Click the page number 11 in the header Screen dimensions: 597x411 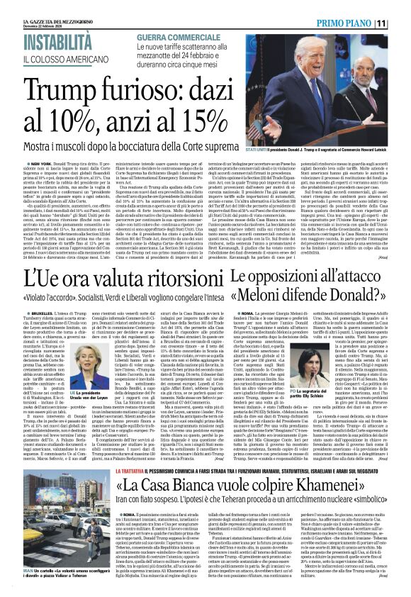click(x=401, y=23)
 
